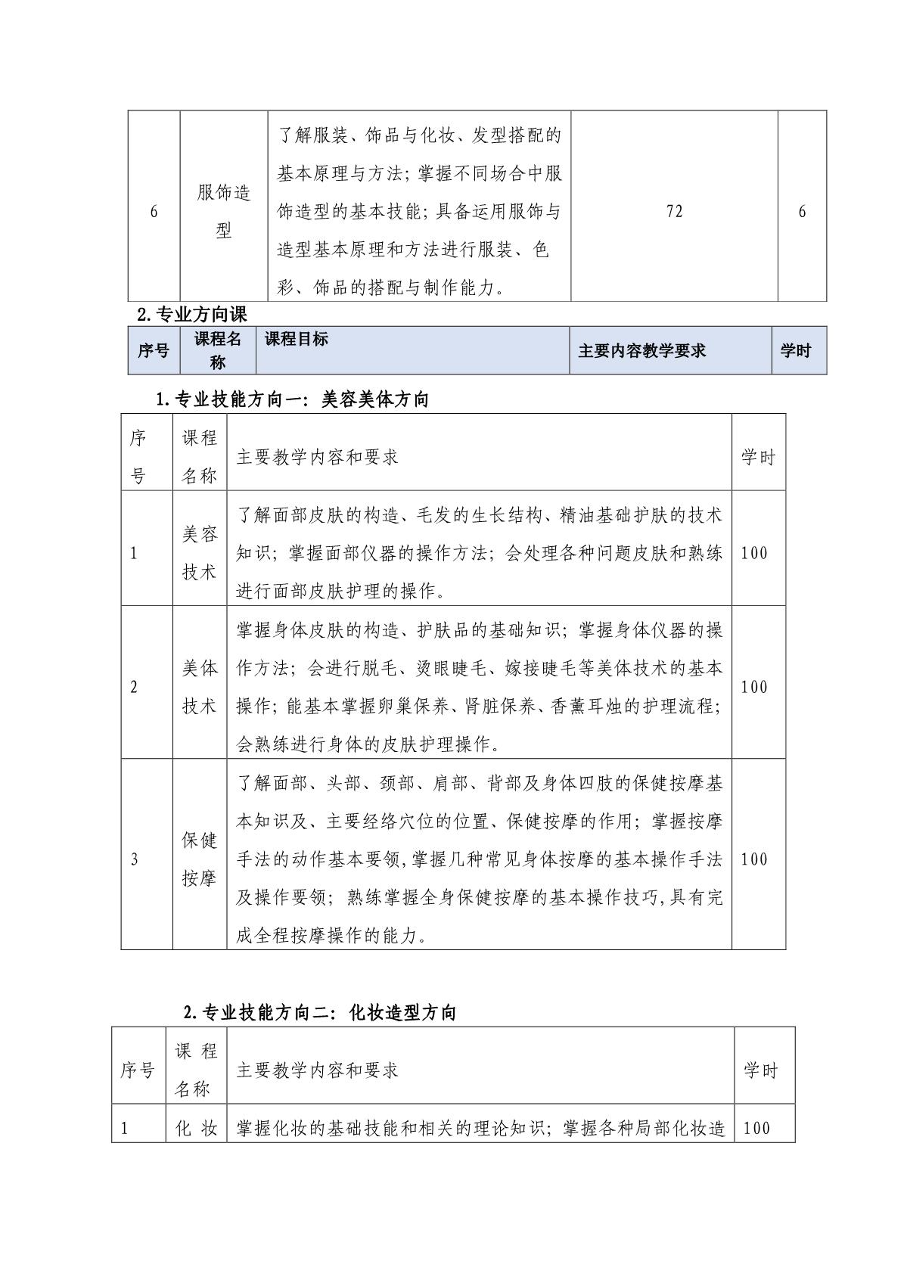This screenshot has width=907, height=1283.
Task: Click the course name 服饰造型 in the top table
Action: (223, 211)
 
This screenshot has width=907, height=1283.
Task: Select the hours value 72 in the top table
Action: (674, 211)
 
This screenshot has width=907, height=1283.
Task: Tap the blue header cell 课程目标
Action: (297, 339)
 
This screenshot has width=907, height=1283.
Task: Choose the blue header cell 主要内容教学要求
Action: (641, 350)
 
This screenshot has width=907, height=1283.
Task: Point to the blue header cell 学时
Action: (795, 350)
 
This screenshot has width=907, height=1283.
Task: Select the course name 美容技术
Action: (199, 553)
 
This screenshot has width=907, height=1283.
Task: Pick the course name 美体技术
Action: (199, 687)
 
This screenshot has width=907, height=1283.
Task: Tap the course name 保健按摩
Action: (199, 859)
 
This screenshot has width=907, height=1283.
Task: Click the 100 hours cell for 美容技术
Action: (754, 553)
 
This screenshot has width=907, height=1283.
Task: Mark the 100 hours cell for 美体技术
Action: (754, 687)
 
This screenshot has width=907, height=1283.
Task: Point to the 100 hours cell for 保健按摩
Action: (754, 859)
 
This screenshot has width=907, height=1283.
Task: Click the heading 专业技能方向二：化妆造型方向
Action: (320, 1012)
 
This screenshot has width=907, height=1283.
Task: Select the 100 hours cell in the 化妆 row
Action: (757, 1128)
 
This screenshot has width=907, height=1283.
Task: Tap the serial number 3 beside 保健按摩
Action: (135, 859)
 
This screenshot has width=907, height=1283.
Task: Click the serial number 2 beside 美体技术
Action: (135, 687)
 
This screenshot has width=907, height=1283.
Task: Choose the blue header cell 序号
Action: (154, 350)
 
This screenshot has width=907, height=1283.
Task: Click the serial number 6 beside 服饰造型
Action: (154, 211)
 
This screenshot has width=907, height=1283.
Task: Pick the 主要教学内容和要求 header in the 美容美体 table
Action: (317, 457)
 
